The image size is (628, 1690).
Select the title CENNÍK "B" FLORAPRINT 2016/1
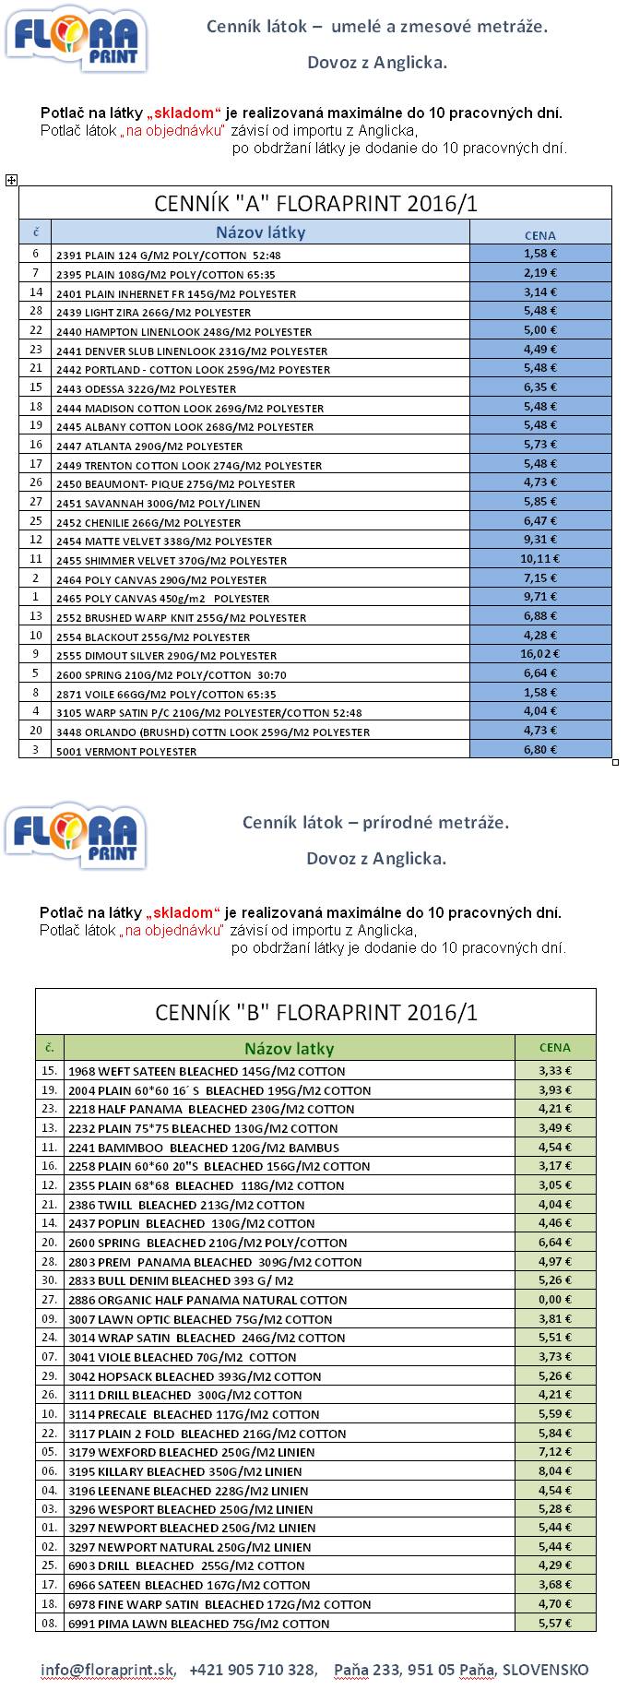(315, 1013)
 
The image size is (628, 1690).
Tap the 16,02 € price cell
(540, 654)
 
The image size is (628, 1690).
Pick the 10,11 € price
(540, 558)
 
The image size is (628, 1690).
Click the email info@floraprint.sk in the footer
(107, 1670)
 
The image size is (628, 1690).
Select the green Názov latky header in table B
(289, 1048)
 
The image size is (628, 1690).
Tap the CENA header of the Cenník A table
(540, 235)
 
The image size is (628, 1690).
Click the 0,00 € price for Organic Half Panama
(554, 1300)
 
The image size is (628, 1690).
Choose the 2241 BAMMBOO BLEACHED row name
(204, 1148)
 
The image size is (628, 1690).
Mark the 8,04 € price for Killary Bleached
(554, 1471)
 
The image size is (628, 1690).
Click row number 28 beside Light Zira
(36, 312)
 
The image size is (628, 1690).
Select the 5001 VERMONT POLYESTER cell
(126, 752)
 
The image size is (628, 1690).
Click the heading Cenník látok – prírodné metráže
(375, 822)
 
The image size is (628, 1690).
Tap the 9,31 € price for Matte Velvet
(540, 540)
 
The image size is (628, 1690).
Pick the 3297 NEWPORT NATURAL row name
(189, 1548)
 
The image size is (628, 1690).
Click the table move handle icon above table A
(11, 180)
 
